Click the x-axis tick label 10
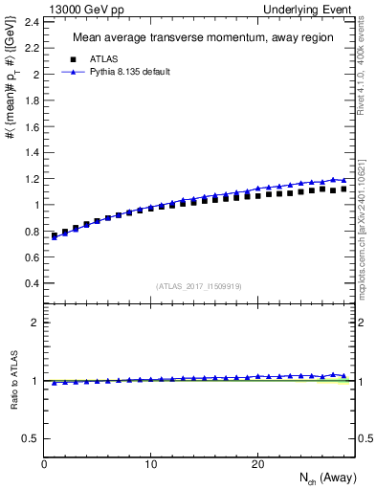pos(150,463)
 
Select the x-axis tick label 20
pos(257,463)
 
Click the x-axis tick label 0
pos(44,463)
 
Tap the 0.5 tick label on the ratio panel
pos(31,438)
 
